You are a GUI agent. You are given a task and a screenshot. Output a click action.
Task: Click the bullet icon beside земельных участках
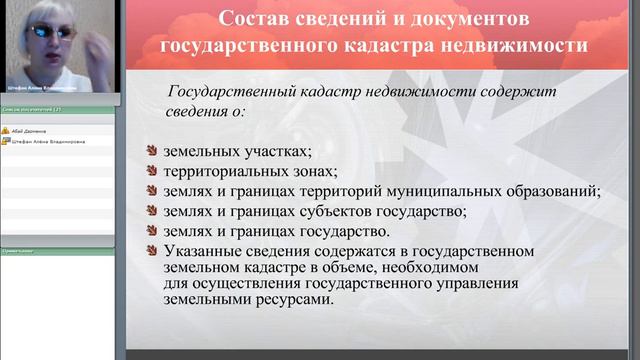pyautogui.click(x=151, y=152)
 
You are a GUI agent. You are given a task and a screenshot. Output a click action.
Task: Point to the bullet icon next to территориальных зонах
pyautogui.click(x=151, y=171)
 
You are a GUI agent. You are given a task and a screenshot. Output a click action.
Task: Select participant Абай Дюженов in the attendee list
pyautogui.click(x=29, y=130)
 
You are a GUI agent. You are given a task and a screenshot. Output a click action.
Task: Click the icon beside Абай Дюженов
pyautogui.click(x=5, y=130)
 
